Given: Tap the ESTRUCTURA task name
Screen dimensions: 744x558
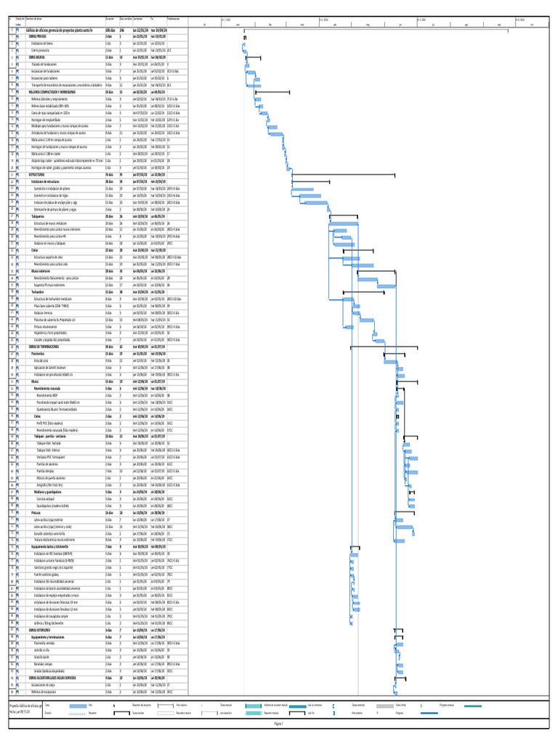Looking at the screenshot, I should tap(37, 175).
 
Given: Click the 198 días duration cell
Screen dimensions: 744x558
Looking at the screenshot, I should tap(109, 30).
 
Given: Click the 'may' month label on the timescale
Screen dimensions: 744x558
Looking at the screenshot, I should tap(368, 24).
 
